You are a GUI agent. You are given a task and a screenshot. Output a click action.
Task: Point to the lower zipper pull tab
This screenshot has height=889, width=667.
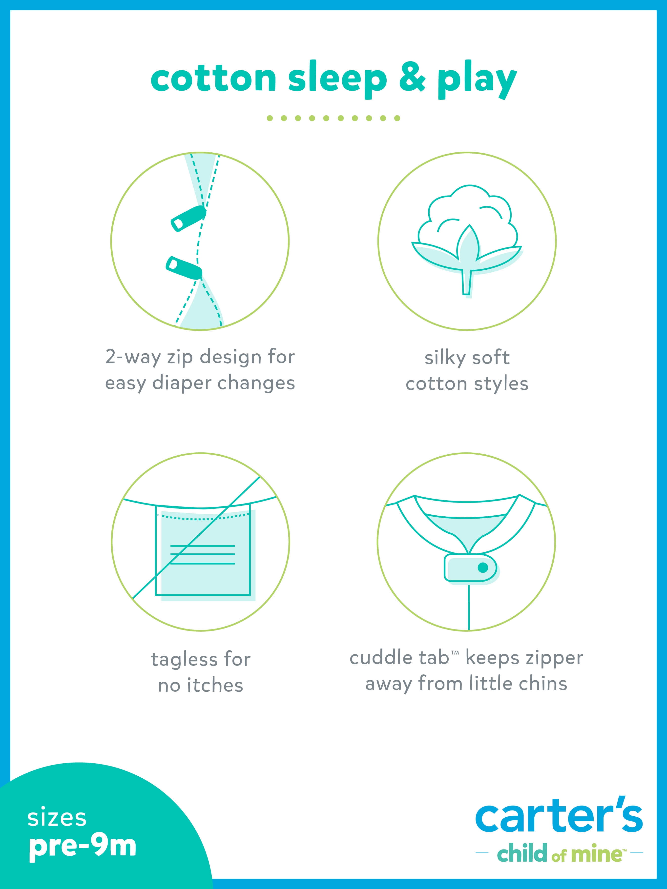[x=184, y=267]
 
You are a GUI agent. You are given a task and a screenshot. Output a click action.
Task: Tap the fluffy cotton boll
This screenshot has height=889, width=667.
[x=467, y=217]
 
